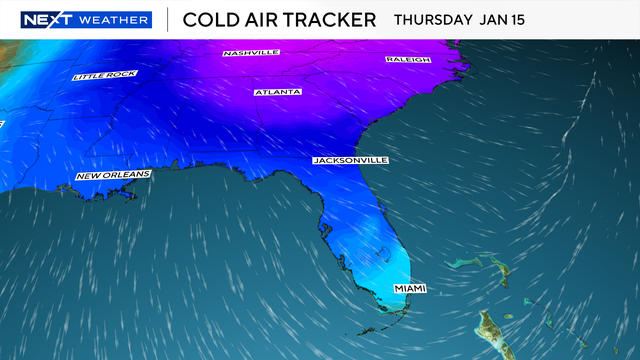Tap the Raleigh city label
pos(407,60)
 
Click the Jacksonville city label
pos(350,160)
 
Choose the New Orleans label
pos(113,176)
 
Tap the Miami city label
pos(410,289)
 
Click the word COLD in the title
pos(208,19)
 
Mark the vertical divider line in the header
pos(166,19)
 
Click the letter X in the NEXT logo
pos(52,19)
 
